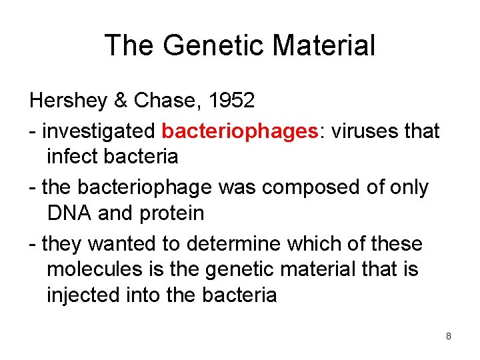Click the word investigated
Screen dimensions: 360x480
click(x=98, y=131)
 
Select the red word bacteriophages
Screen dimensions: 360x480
click(x=237, y=131)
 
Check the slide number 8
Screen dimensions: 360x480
click(x=449, y=336)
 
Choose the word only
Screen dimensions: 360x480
click(x=407, y=187)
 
